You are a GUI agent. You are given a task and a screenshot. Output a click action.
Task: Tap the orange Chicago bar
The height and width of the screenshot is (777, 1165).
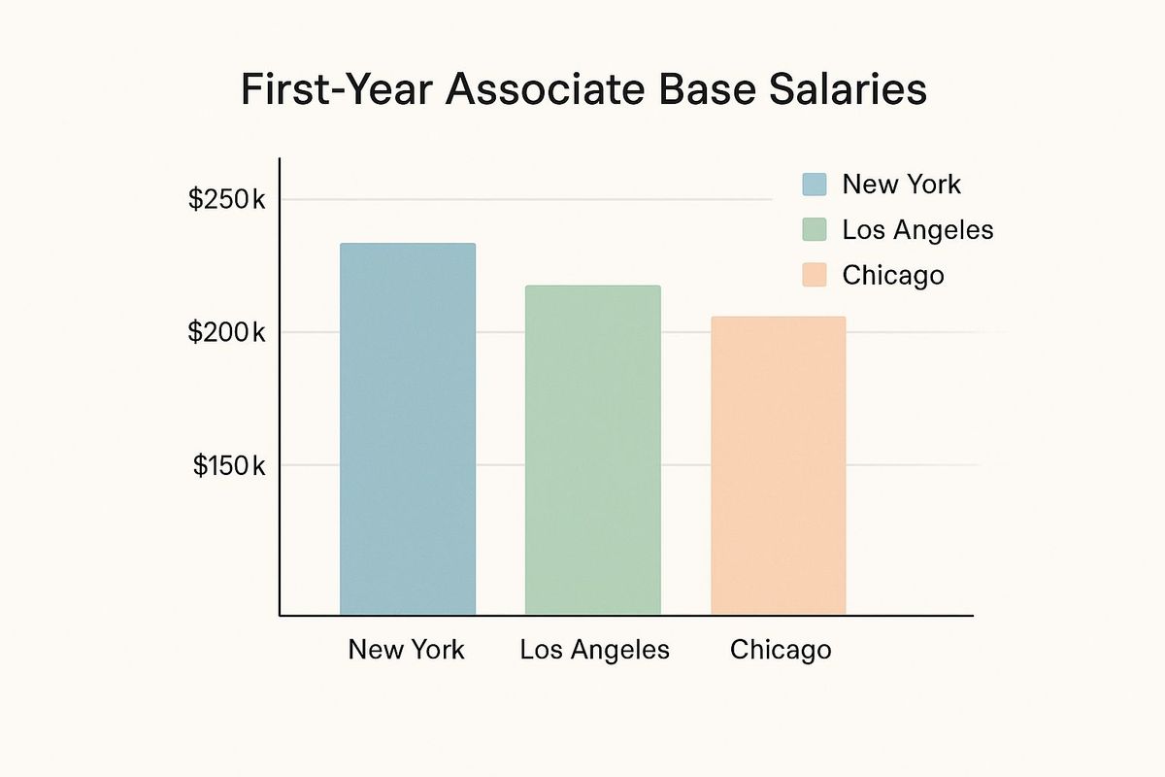pyautogui.click(x=778, y=465)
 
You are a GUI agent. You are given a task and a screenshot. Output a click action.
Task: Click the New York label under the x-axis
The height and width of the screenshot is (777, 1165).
pyautogui.click(x=407, y=649)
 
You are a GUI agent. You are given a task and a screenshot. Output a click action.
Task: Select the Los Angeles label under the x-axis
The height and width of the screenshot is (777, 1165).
pyautogui.click(x=594, y=650)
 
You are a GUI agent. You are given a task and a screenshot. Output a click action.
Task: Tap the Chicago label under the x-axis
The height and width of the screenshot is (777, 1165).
pyautogui.click(x=781, y=649)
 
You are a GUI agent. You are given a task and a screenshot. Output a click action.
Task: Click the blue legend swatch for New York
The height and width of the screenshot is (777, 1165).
pyautogui.click(x=815, y=185)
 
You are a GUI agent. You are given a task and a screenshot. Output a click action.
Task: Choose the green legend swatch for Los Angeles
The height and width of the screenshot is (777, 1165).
pyautogui.click(x=815, y=230)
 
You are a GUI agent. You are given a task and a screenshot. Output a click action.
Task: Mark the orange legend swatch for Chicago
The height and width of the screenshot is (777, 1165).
pyautogui.click(x=815, y=275)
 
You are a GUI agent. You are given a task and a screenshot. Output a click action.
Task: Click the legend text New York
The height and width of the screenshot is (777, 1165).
pyautogui.click(x=901, y=185)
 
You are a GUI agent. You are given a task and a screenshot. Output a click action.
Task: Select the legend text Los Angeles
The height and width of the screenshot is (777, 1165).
pyautogui.click(x=917, y=230)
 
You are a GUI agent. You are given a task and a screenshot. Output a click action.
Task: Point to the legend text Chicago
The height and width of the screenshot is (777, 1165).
pyautogui.click(x=893, y=275)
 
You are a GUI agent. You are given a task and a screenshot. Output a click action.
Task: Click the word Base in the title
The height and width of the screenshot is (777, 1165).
pyautogui.click(x=712, y=89)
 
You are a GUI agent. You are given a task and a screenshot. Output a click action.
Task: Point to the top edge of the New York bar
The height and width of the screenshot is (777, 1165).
pyautogui.click(x=408, y=245)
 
